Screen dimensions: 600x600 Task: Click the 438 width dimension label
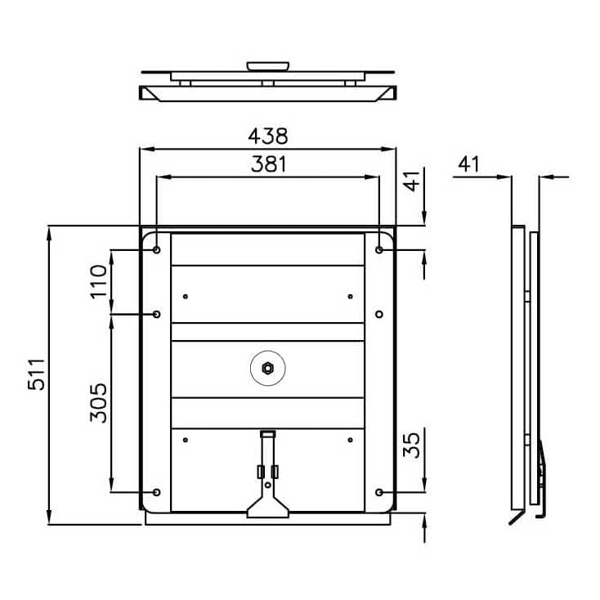[268, 136]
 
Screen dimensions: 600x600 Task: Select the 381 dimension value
[269, 164]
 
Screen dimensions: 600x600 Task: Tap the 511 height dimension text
[37, 374]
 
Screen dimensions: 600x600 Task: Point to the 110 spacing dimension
[98, 282]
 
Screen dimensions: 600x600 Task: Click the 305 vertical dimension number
[98, 402]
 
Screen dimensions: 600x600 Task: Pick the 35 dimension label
[411, 446]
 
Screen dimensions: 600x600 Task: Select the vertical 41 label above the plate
[412, 181]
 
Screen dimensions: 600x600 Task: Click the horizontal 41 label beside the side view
[468, 164]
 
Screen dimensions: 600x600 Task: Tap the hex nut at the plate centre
[268, 369]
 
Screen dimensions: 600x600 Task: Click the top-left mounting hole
[156, 250]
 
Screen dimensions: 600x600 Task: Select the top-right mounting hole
[379, 250]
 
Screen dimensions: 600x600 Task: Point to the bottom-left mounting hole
[156, 492]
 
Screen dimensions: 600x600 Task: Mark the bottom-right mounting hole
[379, 492]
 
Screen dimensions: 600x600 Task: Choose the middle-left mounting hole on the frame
[156, 314]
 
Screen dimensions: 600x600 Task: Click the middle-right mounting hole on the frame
[379, 314]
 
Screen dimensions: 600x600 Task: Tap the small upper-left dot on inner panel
[186, 297]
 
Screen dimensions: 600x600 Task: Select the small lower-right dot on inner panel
[350, 440]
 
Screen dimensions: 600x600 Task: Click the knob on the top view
[268, 66]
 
